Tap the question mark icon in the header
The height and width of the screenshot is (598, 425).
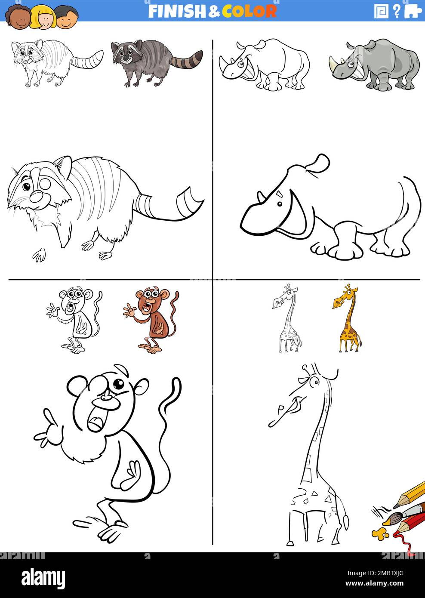click(x=397, y=11)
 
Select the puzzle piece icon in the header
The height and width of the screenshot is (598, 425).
click(x=413, y=11)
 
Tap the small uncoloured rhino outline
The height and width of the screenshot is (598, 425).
click(x=265, y=65)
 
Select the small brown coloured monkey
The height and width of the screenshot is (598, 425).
click(x=153, y=321)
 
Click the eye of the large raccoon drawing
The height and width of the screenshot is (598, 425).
click(x=27, y=187)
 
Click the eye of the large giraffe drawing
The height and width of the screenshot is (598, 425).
click(x=316, y=381)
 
